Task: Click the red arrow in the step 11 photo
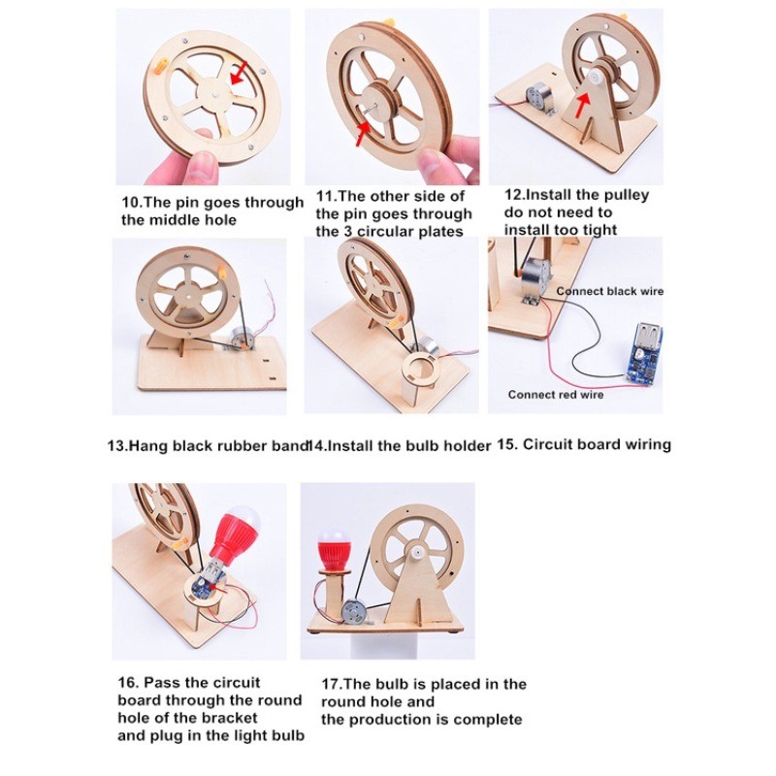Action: pyautogui.click(x=363, y=134)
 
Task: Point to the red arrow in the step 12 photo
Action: pyautogui.click(x=584, y=104)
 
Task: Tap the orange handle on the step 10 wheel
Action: pyautogui.click(x=161, y=66)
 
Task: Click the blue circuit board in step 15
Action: pyautogui.click(x=643, y=352)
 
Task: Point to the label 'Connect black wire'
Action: pyautogui.click(x=610, y=291)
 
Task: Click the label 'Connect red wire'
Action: pyautogui.click(x=555, y=395)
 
